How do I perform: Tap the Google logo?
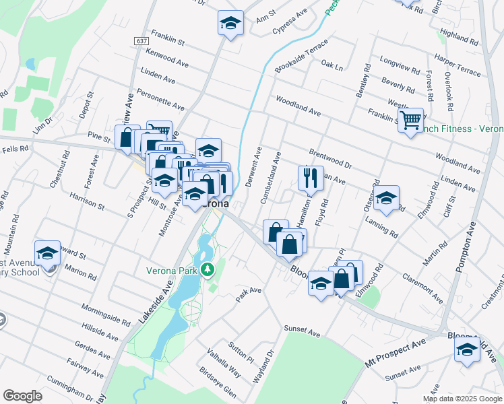tap(23, 396)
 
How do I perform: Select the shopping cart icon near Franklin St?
tap(410, 121)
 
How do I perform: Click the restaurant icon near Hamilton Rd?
tap(311, 178)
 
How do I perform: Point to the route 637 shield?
tap(141, 41)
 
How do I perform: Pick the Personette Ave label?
tap(160, 98)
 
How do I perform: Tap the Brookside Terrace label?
tap(301, 56)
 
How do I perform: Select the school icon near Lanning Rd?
tap(387, 198)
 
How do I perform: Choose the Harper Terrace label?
tap(458, 65)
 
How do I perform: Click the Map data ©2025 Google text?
tap(462, 399)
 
